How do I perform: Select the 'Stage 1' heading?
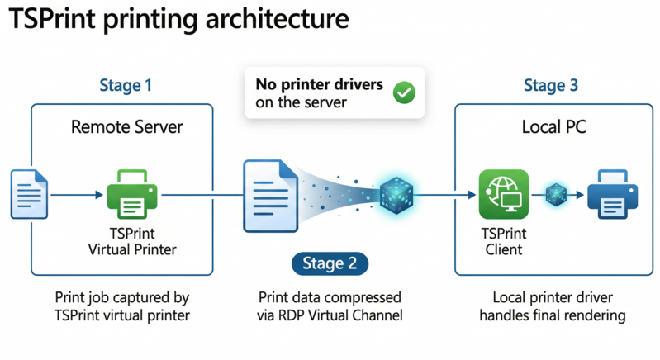[x=125, y=85]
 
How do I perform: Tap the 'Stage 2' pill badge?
[x=330, y=263]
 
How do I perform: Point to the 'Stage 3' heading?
[x=550, y=85]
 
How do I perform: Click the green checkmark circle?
[x=403, y=94]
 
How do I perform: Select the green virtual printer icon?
[x=131, y=194]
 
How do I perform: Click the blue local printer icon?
[x=611, y=194]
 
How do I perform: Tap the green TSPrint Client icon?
[x=503, y=194]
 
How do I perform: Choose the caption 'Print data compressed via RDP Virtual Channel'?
[x=330, y=306]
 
